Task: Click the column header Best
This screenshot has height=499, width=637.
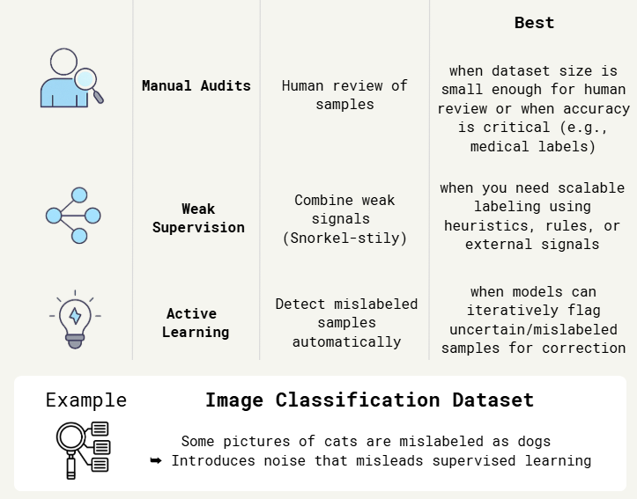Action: (x=534, y=23)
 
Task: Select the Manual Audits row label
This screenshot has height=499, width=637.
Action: (x=196, y=86)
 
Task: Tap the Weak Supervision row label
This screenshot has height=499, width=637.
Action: (x=198, y=218)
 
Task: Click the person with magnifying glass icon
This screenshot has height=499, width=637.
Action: (x=70, y=79)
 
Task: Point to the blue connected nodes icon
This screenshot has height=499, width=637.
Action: (x=73, y=216)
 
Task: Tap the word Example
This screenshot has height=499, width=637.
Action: (x=86, y=400)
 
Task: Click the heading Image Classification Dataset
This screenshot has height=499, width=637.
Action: (x=369, y=400)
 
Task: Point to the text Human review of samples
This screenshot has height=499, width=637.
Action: (x=344, y=95)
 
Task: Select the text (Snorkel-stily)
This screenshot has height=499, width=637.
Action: (x=344, y=238)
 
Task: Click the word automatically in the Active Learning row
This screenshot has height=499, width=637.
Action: (x=346, y=341)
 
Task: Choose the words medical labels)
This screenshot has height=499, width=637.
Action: (x=533, y=147)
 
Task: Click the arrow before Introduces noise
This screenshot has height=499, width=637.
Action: (x=156, y=460)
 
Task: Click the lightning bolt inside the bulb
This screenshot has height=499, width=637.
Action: (x=75, y=315)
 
